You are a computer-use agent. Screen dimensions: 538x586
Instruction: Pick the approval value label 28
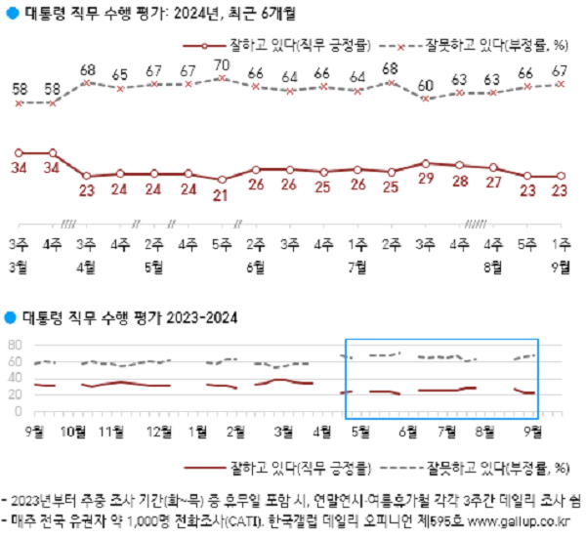pos(458,181)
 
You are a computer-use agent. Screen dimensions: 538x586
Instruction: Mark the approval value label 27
pos(492,183)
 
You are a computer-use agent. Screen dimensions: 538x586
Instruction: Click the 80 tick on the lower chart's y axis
pos(14,346)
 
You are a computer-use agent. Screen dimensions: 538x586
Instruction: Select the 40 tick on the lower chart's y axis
pos(14,378)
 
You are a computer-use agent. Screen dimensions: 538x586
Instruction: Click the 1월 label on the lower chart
pos(196,429)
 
